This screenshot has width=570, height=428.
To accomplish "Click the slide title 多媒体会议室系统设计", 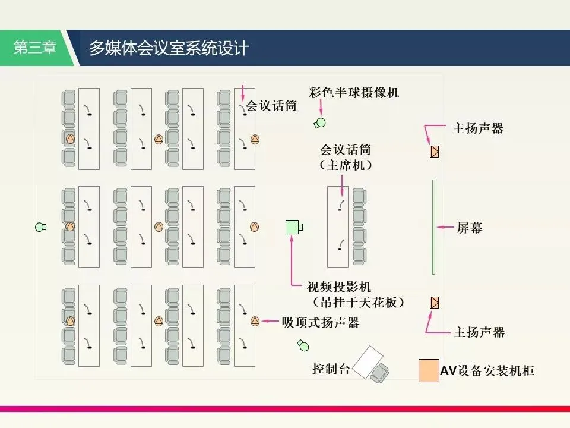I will [169, 48].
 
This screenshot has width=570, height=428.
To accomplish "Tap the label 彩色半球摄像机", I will [354, 93].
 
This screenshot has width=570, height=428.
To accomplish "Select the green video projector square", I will [293, 227].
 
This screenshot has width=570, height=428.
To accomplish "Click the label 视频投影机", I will [339, 287].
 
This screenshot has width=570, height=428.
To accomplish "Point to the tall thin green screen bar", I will [434, 226].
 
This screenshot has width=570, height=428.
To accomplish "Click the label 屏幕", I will [469, 227].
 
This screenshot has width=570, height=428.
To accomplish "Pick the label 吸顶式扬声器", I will [321, 322].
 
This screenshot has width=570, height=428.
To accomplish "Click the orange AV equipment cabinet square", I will [428, 370].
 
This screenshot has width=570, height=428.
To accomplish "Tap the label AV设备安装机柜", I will [487, 371].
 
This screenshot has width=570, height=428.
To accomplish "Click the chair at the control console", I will [379, 373].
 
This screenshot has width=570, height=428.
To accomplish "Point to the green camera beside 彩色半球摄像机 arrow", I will [320, 124].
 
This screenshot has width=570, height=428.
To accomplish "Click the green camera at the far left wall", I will [40, 226].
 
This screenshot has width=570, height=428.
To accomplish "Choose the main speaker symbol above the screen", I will [434, 151].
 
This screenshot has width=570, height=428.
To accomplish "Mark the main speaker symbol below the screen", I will [434, 303].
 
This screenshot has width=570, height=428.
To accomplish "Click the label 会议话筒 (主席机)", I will [346, 158].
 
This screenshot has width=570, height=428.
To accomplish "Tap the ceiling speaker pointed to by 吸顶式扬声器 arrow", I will [255, 322].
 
